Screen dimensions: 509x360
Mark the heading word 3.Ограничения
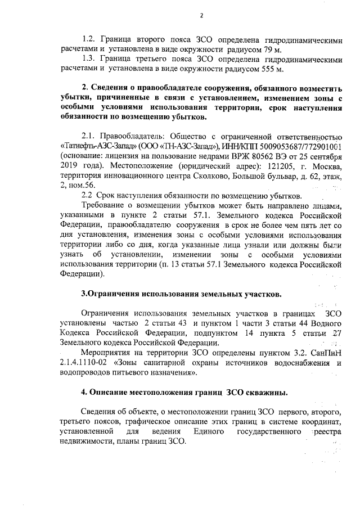point(110,294)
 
